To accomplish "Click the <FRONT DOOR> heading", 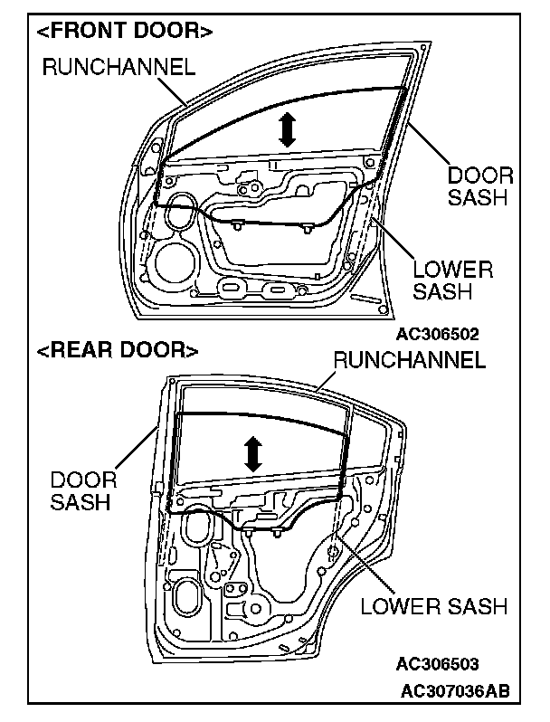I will click(125, 31).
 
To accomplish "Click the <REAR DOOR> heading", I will click(117, 348).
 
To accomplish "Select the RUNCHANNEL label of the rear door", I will click(410, 359).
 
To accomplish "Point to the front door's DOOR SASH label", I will click(480, 185).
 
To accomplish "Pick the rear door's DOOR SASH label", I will click(82, 489).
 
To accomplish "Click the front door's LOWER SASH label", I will click(452, 280).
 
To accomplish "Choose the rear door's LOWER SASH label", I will click(434, 605).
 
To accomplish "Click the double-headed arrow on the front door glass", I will click(288, 130).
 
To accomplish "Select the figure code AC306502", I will click(437, 332).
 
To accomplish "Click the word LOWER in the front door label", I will click(452, 269).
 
